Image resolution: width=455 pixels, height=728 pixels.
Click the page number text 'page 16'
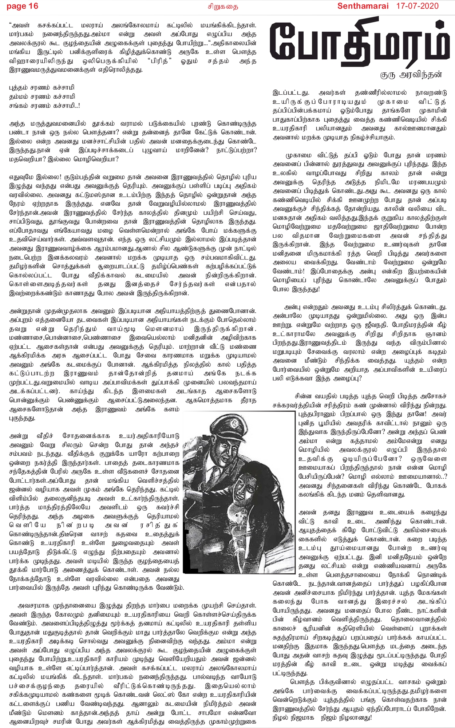click(22, 6)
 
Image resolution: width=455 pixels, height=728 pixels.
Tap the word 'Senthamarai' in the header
click(363, 6)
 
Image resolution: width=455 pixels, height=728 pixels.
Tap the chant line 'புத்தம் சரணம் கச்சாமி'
click(41, 88)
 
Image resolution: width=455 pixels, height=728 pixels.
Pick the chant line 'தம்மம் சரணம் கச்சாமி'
click(42, 96)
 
